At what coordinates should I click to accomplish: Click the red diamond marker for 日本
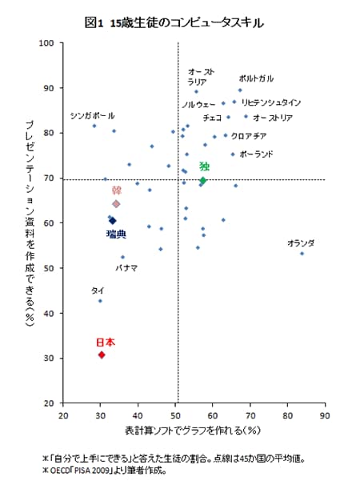point(101,355)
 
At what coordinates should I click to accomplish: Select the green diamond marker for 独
point(202,181)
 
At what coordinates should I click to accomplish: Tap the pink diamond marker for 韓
point(116,204)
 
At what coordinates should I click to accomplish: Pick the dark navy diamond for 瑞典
point(113,220)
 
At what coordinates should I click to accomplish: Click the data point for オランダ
point(302,254)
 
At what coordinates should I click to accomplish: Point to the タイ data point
point(100,301)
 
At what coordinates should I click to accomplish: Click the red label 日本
point(106,342)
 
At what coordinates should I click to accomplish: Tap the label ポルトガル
point(256,78)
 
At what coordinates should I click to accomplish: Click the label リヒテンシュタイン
point(270,102)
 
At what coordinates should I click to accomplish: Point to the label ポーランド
point(257,153)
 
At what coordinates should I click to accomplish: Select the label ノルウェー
point(198,105)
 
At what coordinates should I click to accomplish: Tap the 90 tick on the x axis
point(324,416)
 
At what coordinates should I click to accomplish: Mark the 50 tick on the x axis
point(175,416)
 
